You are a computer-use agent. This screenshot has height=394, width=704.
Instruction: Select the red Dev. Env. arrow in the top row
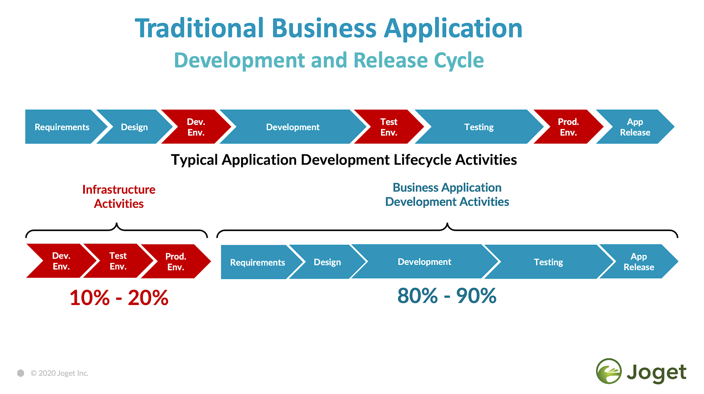tap(196, 127)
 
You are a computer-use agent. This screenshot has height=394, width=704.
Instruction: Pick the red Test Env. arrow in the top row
tap(389, 127)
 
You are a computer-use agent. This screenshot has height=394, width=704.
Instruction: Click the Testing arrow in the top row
tap(479, 127)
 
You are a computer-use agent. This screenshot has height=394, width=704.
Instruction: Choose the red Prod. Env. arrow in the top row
tap(568, 127)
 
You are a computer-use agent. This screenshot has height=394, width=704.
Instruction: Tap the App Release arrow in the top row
tap(635, 127)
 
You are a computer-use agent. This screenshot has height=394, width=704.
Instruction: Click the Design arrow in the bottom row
tap(327, 261)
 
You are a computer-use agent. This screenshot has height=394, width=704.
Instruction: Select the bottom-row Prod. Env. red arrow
tap(176, 261)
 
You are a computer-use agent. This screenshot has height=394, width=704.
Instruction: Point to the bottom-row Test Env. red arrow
tap(118, 261)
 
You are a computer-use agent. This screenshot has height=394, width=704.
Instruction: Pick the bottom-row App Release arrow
tap(639, 261)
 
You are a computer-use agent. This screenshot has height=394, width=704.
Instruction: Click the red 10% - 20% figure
tap(119, 298)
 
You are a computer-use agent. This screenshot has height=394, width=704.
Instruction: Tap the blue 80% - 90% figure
tap(447, 295)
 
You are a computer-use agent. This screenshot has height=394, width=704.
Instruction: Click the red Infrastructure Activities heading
tap(119, 196)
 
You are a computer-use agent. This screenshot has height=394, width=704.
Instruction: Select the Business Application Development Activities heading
tap(447, 195)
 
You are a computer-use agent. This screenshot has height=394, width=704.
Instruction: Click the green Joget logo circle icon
tap(609, 372)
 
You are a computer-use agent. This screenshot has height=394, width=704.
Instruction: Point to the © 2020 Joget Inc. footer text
tap(59, 373)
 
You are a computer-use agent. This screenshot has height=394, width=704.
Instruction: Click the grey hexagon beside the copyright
tap(21, 373)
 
